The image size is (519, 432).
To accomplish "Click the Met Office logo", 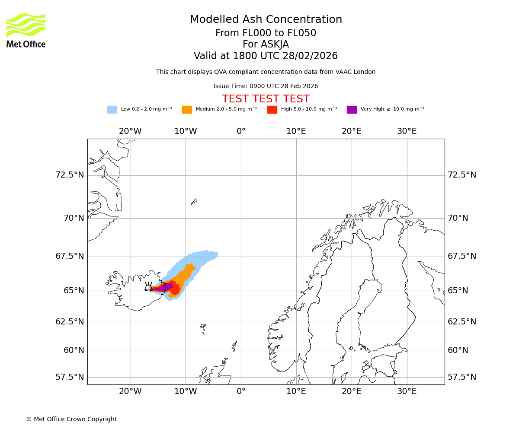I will click(26, 30).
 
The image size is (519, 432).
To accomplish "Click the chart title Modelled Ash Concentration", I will click(266, 19).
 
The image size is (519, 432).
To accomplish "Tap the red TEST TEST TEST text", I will click(266, 99).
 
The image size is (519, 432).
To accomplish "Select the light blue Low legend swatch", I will click(112, 110).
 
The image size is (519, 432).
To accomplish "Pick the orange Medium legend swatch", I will click(187, 110).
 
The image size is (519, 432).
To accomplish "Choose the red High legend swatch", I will click(272, 110).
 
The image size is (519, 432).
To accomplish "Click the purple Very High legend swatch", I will click(352, 110).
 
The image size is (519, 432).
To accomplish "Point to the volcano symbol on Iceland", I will click(148, 287).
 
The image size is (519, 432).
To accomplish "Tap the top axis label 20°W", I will click(130, 131).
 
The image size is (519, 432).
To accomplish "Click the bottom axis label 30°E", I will click(407, 391).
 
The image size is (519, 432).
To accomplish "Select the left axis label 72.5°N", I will click(70, 175).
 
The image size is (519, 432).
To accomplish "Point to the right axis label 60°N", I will click(458, 350).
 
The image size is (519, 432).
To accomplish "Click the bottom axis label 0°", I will click(241, 391).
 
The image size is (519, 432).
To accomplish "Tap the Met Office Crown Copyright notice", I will click(71, 419).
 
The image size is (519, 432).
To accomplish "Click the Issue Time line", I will click(266, 86).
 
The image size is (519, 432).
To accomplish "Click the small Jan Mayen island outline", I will click(194, 201).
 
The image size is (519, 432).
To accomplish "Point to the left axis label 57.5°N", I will click(70, 377).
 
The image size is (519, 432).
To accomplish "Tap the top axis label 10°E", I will click(296, 131).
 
